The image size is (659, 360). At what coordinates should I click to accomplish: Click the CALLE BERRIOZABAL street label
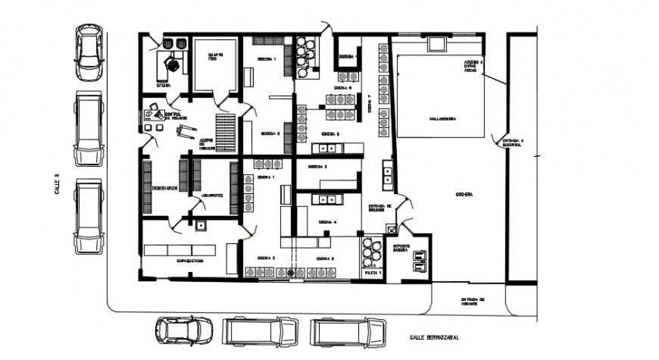(436, 337)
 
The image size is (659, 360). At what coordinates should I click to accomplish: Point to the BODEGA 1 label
(267, 59)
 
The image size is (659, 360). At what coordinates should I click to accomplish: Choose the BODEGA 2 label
(270, 133)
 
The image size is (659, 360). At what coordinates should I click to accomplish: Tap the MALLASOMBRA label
(442, 118)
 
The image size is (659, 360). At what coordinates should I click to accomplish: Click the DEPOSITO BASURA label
(401, 249)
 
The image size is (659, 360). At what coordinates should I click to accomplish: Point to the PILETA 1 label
(373, 271)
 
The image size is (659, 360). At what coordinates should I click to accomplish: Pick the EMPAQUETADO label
(189, 261)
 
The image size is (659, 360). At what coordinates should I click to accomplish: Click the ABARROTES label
(211, 196)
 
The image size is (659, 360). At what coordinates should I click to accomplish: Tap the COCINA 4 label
(327, 222)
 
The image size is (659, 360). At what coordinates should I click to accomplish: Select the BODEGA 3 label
(318, 166)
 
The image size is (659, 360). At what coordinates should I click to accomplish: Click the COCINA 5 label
(329, 134)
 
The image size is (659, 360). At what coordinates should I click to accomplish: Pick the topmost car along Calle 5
(89, 52)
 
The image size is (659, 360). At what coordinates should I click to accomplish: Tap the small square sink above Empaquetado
(201, 224)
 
